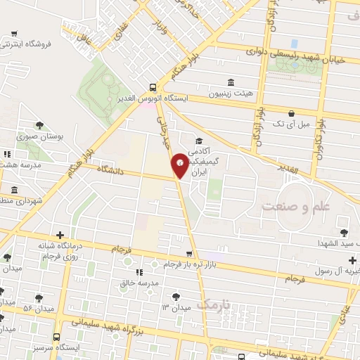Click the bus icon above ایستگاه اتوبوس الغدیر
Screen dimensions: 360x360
[x=153, y=88]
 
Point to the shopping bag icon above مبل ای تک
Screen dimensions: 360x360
[x=292, y=112]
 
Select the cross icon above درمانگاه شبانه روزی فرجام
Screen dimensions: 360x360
[x=60, y=235]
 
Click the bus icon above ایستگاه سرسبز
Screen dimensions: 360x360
[x=56, y=337]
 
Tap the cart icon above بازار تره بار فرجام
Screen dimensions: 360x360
[x=188, y=254]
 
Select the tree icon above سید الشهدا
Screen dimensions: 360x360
[x=343, y=232]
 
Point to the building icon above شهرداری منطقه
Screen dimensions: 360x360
[x=15, y=191]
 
